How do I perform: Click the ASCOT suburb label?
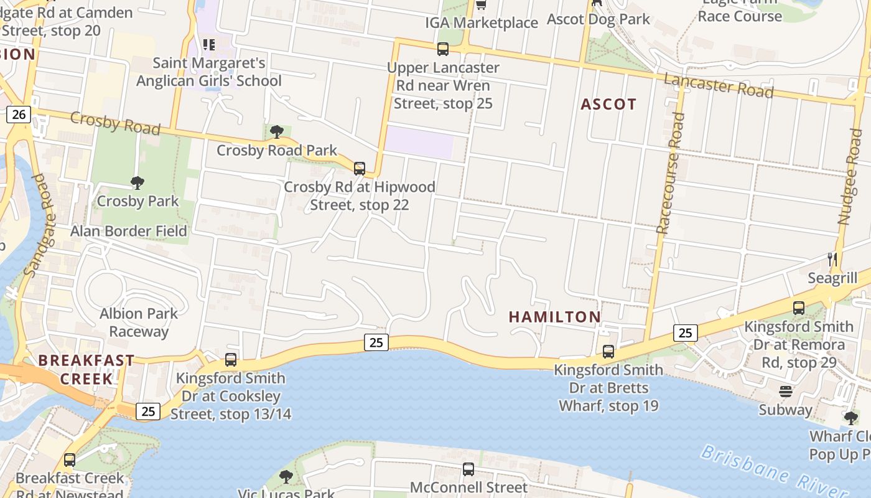pos(608,105)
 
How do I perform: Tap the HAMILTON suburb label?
pos(555,317)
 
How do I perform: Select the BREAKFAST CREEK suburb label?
pos(86,369)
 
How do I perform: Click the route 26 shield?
pos(19,114)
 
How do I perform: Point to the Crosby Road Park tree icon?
pos(277,131)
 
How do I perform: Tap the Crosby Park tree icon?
pos(137,182)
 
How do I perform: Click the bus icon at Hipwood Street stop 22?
pos(359,168)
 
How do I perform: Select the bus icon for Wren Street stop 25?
pos(442,49)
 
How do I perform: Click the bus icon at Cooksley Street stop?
pos(231,359)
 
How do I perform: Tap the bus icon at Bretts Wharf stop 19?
pos(608,351)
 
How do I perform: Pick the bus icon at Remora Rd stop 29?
pos(799,308)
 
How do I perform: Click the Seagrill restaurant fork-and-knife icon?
pos(832,259)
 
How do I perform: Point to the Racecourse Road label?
pos(670,173)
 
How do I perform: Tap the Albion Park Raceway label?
pos(139,322)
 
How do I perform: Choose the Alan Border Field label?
pos(128,231)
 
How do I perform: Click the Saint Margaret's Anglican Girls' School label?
pos(209,72)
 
